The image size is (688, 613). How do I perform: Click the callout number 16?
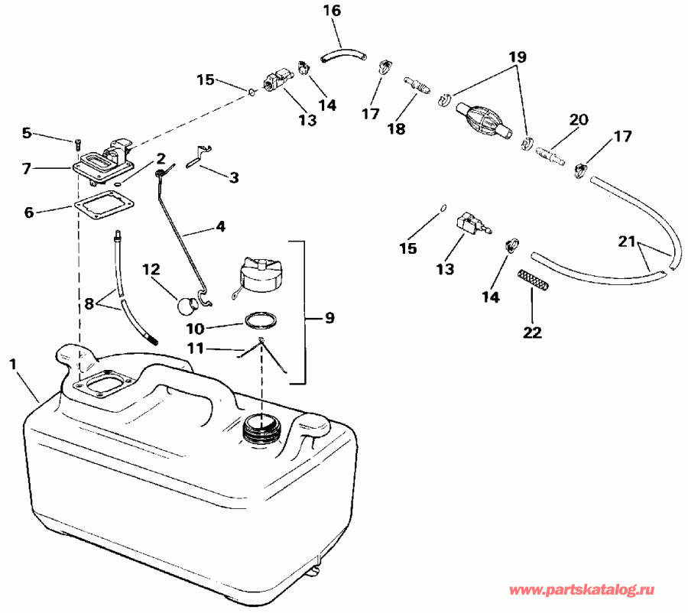331,11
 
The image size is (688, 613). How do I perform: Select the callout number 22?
532,332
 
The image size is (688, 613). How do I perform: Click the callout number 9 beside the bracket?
329,317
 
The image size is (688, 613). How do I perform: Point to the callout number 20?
579,120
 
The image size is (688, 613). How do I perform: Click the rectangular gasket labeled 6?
104,208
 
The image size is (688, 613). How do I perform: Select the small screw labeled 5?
78,143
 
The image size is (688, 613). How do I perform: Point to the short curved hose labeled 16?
342,55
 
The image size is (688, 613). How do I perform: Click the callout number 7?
27,168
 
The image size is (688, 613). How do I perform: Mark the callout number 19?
518,57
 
